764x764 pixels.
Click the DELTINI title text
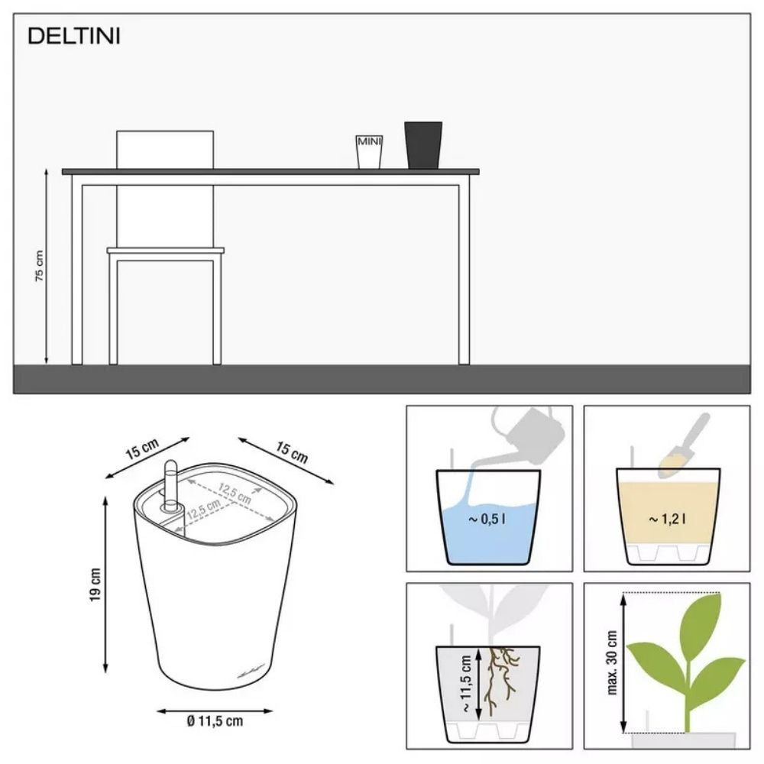tap(73, 37)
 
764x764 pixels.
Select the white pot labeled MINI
tap(369, 151)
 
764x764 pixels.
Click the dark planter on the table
tap(423, 145)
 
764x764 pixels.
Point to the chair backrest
tap(164, 149)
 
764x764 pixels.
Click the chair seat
tap(165, 251)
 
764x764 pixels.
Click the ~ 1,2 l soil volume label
tap(667, 520)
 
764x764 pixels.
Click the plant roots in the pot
tap(503, 676)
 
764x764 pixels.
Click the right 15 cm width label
tap(292, 452)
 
